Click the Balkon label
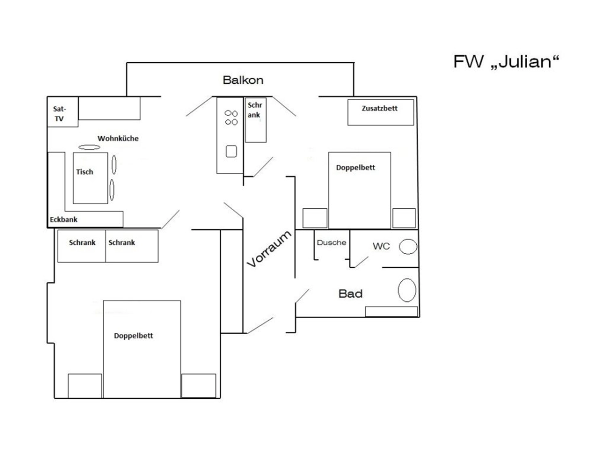coord(243,80)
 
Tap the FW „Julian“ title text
coord(506,61)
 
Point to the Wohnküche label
coord(118,138)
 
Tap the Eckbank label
coord(64,220)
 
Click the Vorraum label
coord(269,249)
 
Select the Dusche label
coord(331,243)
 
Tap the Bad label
coord(350,294)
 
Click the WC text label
coord(381,246)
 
